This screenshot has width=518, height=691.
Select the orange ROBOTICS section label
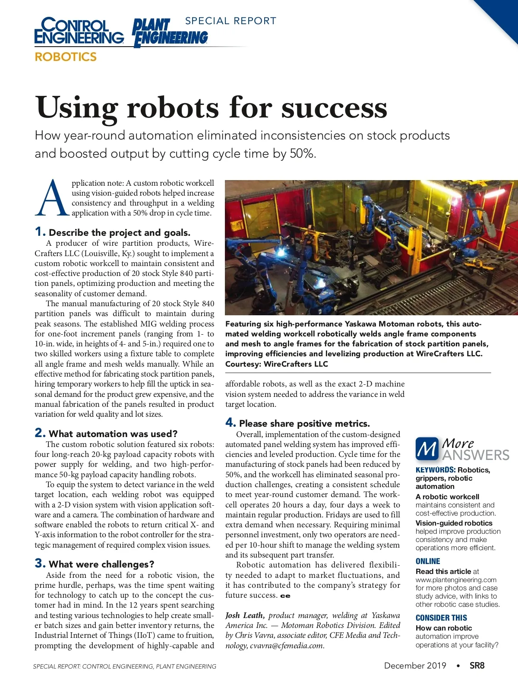click(66, 57)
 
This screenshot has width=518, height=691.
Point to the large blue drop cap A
click(51, 198)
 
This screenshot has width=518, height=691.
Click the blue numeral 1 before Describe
click(40, 232)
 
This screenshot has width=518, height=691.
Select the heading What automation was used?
click(113, 434)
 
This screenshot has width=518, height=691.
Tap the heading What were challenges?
click(101, 564)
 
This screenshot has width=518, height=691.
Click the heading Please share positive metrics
click(304, 423)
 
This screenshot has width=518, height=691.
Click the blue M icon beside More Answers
click(427, 449)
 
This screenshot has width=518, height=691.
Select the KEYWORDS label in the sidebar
click(435, 470)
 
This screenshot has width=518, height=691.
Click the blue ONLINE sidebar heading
click(428, 561)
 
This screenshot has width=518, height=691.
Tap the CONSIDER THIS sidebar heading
click(441, 618)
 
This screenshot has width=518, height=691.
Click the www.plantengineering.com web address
click(456, 580)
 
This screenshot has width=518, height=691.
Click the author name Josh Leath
click(244, 615)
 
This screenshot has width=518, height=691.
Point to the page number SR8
click(477, 666)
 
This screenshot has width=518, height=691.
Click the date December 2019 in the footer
click(415, 666)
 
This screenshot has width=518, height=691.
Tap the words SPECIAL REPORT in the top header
click(231, 21)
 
